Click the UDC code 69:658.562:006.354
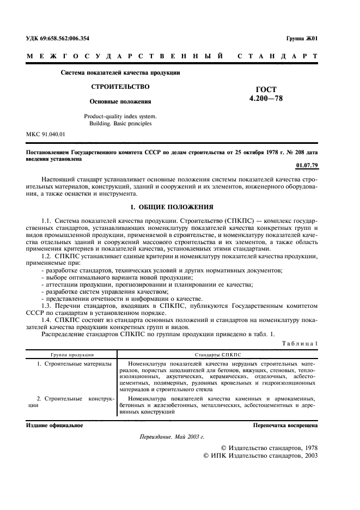tap(58, 39)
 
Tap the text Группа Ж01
tap(301, 39)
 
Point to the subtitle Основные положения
tap(120, 101)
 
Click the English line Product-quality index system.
tap(120, 116)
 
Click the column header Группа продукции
tap(72, 354)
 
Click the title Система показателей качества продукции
tap(120, 72)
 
